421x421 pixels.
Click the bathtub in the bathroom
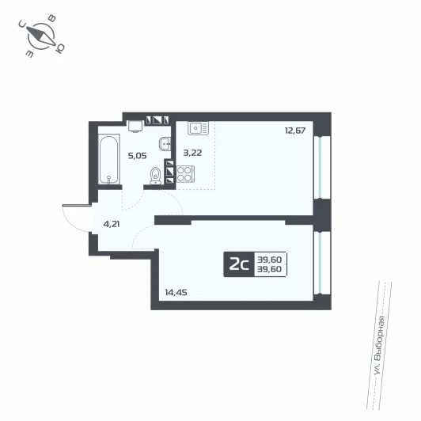tap(108, 159)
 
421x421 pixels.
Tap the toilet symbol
tap(155, 176)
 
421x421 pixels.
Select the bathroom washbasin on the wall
tap(165, 144)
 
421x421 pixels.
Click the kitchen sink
tap(198, 128)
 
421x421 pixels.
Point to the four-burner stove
tap(185, 174)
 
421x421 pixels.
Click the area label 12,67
tap(295, 131)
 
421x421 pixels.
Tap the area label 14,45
tap(176, 292)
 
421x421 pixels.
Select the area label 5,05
tap(137, 156)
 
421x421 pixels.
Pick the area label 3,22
tap(192, 153)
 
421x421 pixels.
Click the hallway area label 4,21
tap(112, 224)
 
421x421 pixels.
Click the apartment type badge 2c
tap(239, 265)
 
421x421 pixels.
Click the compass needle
tap(41, 36)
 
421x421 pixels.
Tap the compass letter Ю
tap(60, 48)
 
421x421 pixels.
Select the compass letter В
tap(51, 18)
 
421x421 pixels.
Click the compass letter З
tap(29, 54)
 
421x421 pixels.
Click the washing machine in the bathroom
tap(135, 127)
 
